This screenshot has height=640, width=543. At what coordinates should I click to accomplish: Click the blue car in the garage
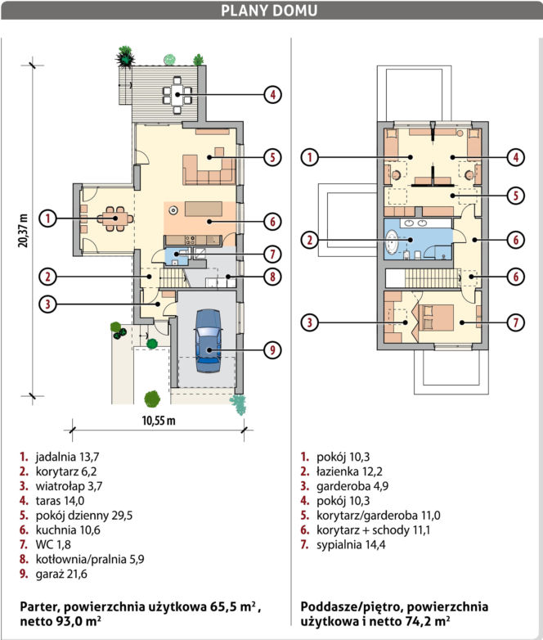pyautogui.click(x=209, y=340)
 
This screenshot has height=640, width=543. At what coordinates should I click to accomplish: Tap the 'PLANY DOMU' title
pyautogui.click(x=269, y=11)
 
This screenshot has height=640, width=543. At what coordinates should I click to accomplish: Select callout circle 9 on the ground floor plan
pyautogui.click(x=272, y=349)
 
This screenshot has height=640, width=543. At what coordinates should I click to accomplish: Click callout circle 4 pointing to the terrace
pyautogui.click(x=272, y=95)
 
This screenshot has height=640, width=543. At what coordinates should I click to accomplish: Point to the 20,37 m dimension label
pyautogui.click(x=23, y=231)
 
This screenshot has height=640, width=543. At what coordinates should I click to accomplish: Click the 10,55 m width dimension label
pyautogui.click(x=159, y=421)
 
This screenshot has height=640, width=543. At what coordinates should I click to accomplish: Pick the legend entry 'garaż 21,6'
pyautogui.click(x=61, y=574)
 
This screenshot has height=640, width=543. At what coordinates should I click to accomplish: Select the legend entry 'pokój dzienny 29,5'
pyautogui.click(x=84, y=516)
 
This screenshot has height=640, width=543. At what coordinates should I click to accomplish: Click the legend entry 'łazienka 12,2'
pyautogui.click(x=350, y=471)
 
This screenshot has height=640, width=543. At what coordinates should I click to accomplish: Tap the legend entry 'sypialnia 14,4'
pyautogui.click(x=351, y=544)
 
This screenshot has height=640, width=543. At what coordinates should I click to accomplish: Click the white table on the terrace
pyautogui.click(x=177, y=95)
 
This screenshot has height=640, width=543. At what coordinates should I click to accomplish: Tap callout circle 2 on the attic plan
pyautogui.click(x=310, y=240)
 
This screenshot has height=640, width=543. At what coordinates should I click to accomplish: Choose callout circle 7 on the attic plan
pyautogui.click(x=516, y=322)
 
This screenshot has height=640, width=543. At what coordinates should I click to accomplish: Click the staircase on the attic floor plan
pyautogui.click(x=433, y=278)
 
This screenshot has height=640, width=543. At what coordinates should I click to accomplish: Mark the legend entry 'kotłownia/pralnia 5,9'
pyautogui.click(x=90, y=559)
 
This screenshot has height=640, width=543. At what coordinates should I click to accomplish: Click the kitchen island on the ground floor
pyautogui.click(x=204, y=209)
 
